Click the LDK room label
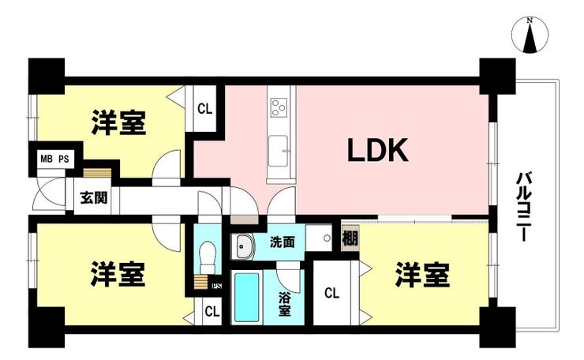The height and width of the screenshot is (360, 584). tap(377, 150)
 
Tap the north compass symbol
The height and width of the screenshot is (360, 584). tap(530, 36)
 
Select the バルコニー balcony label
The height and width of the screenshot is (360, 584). tap(524, 206)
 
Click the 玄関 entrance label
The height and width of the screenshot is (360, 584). tap(94, 198)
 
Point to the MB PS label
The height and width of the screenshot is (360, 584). tap(54, 159)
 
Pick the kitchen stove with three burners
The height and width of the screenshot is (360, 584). tap(279, 107)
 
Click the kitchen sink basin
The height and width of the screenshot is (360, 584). tap(279, 151)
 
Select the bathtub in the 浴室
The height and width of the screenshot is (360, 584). tap(246, 298)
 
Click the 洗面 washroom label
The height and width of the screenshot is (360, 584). tap(283, 242)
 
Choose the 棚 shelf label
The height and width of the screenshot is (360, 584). tap(350, 238)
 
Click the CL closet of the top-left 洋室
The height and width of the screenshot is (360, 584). tap(204, 109)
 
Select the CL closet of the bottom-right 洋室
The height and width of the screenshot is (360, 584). tap(332, 293)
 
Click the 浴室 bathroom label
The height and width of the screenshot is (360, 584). tap(284, 304)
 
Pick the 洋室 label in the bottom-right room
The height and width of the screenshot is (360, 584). tap(422, 275)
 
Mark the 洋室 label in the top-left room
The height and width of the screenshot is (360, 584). tap(118, 122)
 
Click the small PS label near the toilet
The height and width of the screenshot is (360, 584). tap(216, 287)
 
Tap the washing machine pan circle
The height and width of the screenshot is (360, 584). tap(327, 238)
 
